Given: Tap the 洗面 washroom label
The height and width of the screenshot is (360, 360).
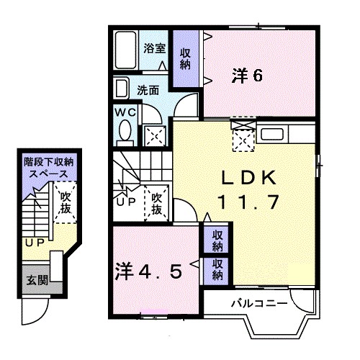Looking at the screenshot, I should pos(148,91).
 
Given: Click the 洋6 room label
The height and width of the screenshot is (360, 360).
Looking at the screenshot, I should pos(246,74).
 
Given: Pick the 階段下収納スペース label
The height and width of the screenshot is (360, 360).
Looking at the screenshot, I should pos(48,168).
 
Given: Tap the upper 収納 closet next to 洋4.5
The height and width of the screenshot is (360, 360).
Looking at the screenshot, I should pos(217,240).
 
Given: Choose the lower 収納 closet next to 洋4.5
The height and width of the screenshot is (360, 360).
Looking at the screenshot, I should pos(217,270).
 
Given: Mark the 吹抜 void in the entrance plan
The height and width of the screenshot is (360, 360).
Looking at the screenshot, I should pos(66,202).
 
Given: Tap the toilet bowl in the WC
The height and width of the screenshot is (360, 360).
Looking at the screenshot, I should pos(125,132).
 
